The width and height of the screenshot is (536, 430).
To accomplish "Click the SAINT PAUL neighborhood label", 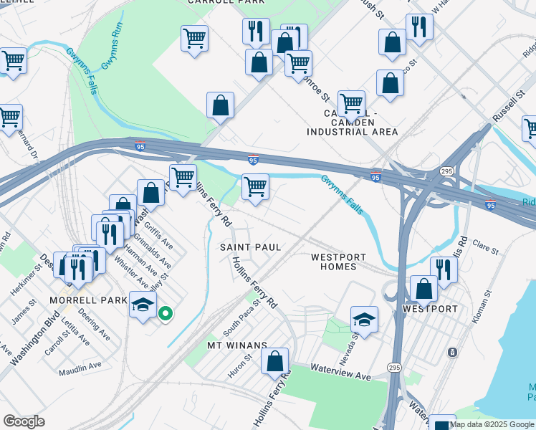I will (249, 247).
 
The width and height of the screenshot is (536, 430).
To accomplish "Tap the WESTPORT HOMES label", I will (338, 262).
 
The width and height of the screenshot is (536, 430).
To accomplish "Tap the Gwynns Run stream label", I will (113, 49).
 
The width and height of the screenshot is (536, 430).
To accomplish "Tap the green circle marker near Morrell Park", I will (165, 313).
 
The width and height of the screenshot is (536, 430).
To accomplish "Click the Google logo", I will (24, 421).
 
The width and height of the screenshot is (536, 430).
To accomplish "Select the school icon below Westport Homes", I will (365, 319).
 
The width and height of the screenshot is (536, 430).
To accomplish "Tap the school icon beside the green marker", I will (143, 305).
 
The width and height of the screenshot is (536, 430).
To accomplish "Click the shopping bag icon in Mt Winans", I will (275, 361).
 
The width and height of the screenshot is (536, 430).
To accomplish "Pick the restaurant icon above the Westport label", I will (444, 269).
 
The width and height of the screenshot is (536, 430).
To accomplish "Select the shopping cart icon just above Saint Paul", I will (255, 187).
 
